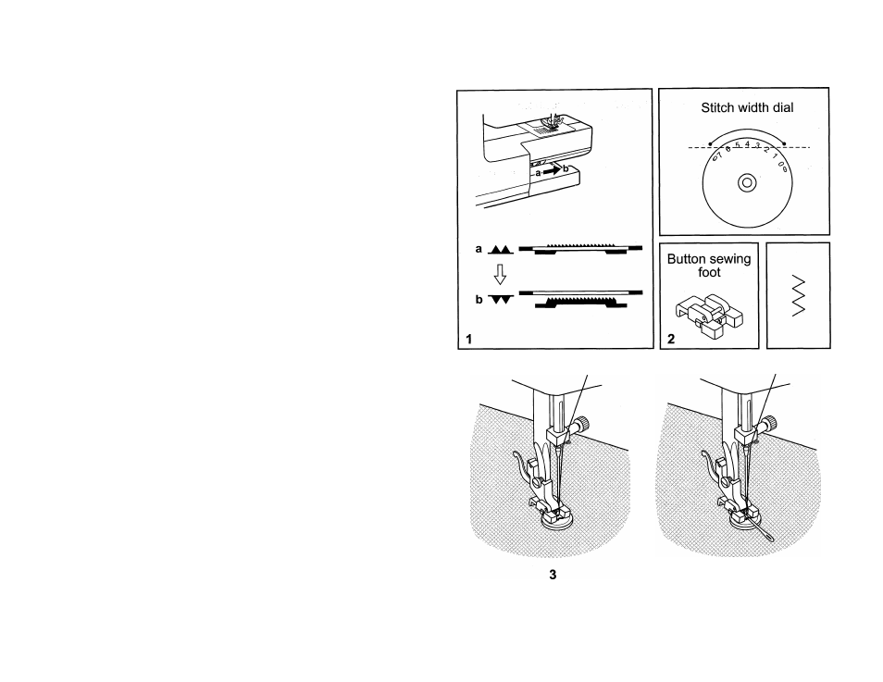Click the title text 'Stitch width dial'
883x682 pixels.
coord(747,107)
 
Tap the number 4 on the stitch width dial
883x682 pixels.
coord(747,144)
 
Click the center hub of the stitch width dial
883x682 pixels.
coord(747,182)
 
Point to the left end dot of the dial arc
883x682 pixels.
coord(710,143)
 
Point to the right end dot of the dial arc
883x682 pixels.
coord(784,143)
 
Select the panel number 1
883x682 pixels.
coord(468,339)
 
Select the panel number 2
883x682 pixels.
coord(671,339)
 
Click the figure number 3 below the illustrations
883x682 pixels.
coord(553,575)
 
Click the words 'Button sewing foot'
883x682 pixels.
coord(709,266)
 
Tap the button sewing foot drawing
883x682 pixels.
coord(709,316)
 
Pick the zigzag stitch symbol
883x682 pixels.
coord(798,296)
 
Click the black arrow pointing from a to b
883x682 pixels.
coord(552,170)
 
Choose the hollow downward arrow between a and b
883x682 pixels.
coord(500,275)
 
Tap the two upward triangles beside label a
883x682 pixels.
coord(501,250)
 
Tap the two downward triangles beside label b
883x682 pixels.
coord(501,300)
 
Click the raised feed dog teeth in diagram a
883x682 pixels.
coord(580,245)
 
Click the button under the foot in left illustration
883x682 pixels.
coord(554,523)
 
